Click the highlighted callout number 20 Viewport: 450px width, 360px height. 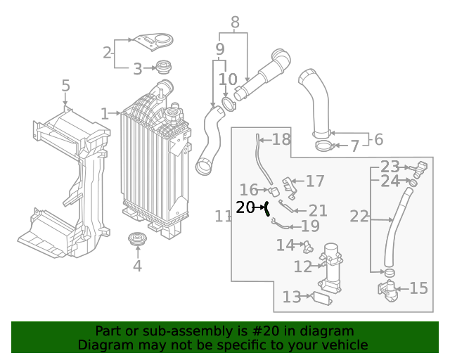pyautogui.click(x=245, y=207)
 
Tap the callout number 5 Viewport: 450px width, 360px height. pyautogui.click(x=65, y=86)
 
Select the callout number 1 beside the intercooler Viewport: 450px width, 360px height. pyautogui.click(x=105, y=113)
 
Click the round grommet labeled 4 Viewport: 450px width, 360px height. pyautogui.click(x=136, y=240)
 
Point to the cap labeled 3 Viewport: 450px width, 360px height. pyautogui.click(x=165, y=68)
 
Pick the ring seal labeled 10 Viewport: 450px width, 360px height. pyautogui.click(x=229, y=106)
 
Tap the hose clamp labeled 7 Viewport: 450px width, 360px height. pyautogui.click(x=324, y=146)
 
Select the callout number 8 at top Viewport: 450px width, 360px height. pyautogui.click(x=235, y=22)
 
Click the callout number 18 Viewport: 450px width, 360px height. pyautogui.click(x=281, y=139)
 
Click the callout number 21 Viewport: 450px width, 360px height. pyautogui.click(x=319, y=210)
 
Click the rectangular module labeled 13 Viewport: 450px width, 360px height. pyautogui.click(x=322, y=297)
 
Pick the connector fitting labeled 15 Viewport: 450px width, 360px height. pyautogui.click(x=387, y=288)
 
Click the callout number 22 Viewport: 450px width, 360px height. pyautogui.click(x=359, y=217)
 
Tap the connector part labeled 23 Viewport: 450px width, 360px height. pyautogui.click(x=421, y=169)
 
